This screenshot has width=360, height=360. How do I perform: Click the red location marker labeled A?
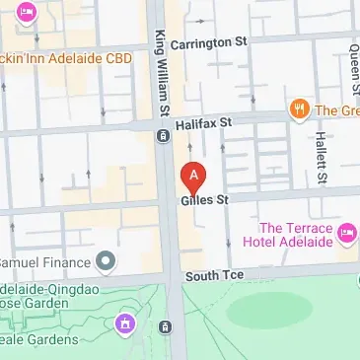(194, 177)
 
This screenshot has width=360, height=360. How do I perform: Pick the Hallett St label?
(320, 149)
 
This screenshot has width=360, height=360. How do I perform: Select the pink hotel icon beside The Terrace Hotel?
(346, 233)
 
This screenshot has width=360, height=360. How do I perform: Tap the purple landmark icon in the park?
(125, 323)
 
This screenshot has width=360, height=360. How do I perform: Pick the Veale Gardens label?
(39, 339)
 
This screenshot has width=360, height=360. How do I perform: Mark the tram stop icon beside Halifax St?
(162, 135)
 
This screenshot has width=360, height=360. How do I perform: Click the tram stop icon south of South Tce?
(166, 326)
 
